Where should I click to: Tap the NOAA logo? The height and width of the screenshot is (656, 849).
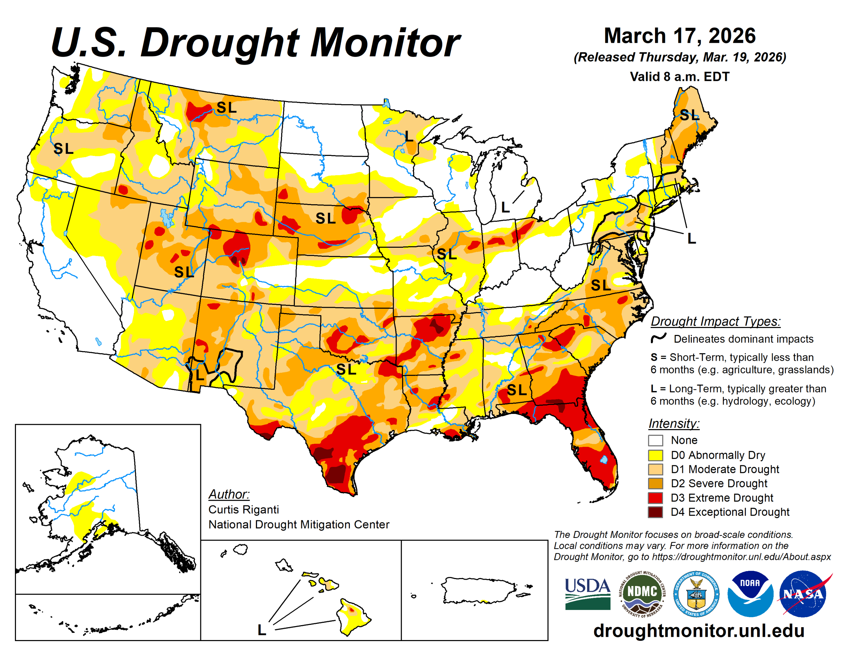pyautogui.click(x=750, y=593)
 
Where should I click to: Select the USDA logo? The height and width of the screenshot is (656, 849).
pyautogui.click(x=587, y=593)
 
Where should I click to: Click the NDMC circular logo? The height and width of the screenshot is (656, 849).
pyautogui.click(x=642, y=593)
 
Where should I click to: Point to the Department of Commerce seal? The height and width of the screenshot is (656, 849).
pyautogui.click(x=696, y=593)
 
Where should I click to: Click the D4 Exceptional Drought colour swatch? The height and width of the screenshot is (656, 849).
pyautogui.click(x=655, y=512)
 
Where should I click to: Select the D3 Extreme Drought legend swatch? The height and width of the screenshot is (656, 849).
pyautogui.click(x=655, y=497)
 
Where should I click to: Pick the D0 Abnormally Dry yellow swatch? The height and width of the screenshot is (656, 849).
pyautogui.click(x=655, y=455)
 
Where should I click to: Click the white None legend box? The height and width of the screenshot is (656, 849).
pyautogui.click(x=655, y=440)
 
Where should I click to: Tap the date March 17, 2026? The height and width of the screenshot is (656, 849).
pyautogui.click(x=679, y=36)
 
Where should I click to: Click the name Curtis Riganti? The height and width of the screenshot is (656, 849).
pyautogui.click(x=244, y=509)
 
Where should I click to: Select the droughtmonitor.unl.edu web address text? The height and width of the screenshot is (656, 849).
pyautogui.click(x=698, y=631)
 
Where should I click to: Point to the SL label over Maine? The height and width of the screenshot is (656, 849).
pyautogui.click(x=689, y=115)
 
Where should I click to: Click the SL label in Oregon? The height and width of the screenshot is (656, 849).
pyautogui.click(x=63, y=148)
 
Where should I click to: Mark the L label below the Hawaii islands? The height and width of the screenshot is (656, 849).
pyautogui.click(x=262, y=630)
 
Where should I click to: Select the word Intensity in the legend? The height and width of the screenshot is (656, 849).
pyautogui.click(x=674, y=423)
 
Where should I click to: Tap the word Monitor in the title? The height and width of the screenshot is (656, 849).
pyautogui.click(x=385, y=43)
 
